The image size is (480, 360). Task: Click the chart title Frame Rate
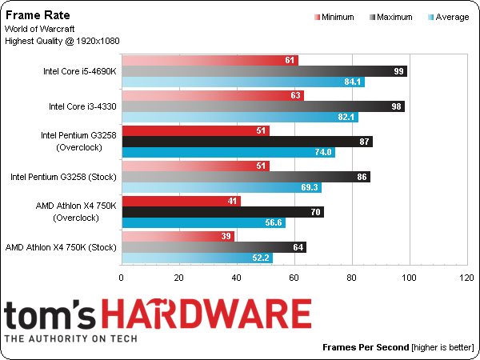[x=38, y=15]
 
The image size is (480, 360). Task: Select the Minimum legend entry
[x=334, y=17]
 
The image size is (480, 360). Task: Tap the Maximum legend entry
[x=391, y=17]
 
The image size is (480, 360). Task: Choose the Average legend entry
[x=449, y=17]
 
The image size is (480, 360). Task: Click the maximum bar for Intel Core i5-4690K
[x=265, y=71]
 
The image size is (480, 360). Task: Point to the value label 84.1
[x=352, y=82]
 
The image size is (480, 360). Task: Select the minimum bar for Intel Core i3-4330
[x=213, y=95]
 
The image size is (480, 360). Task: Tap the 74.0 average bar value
[x=323, y=153]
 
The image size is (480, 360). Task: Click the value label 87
[x=364, y=142]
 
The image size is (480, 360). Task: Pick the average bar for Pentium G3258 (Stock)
[x=222, y=187]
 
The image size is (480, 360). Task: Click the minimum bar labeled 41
[x=182, y=201]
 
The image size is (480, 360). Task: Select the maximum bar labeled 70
[x=223, y=212]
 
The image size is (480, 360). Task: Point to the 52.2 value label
[x=261, y=258]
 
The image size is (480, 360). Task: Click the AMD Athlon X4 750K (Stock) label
[x=61, y=247]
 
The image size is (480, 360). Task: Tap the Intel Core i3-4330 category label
[x=82, y=106]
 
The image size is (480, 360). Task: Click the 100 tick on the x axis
[x=410, y=278]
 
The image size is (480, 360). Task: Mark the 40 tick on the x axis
[x=236, y=278]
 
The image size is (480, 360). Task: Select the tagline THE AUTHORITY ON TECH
[x=70, y=338]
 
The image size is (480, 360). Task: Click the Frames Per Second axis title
[x=366, y=347]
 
